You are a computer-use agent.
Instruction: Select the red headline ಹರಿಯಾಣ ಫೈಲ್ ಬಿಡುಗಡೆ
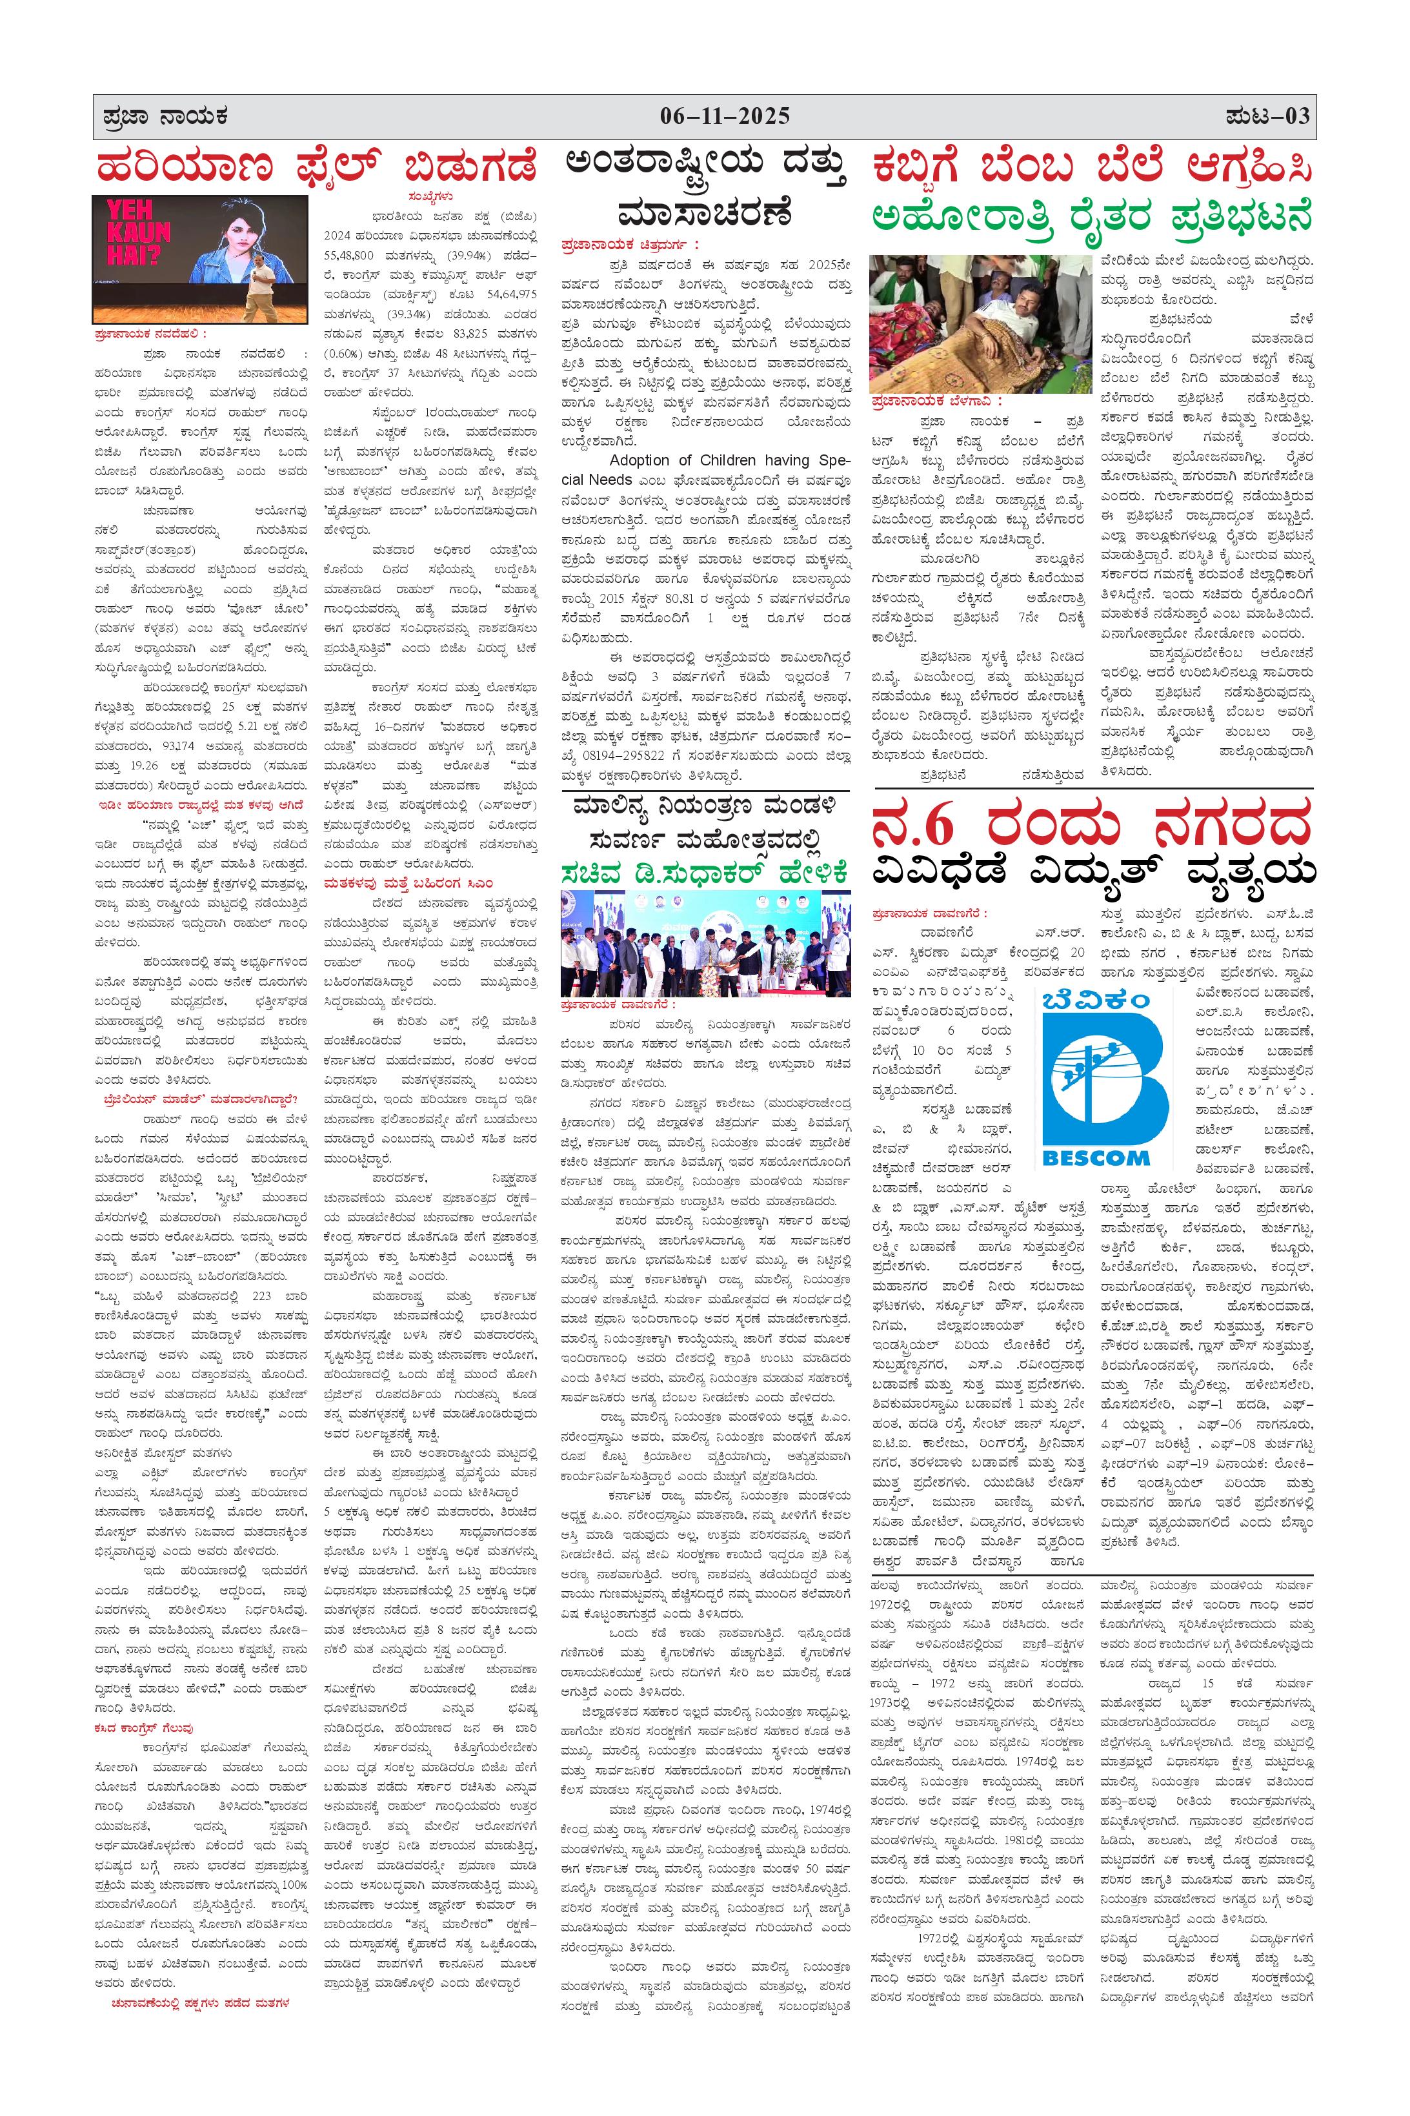point(317,168)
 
